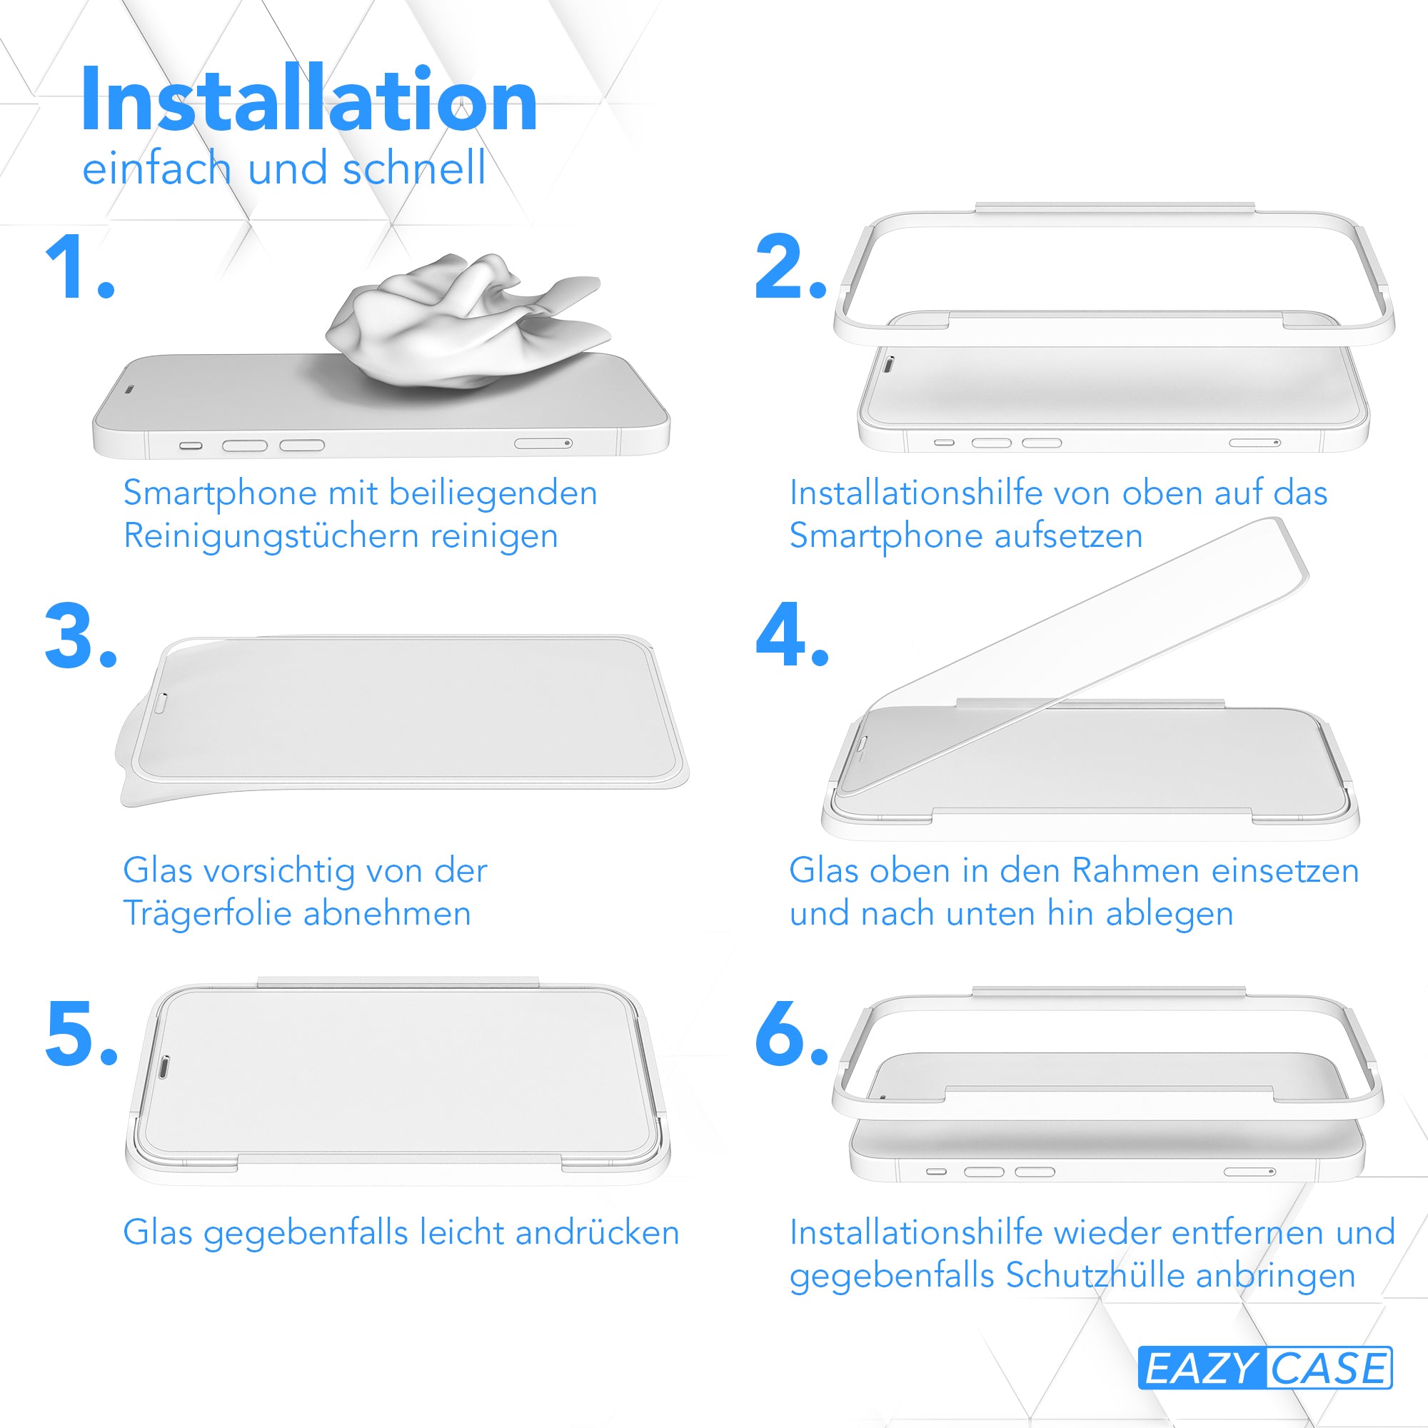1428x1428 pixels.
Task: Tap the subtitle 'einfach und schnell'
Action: click(284, 168)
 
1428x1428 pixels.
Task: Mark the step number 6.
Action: click(791, 1033)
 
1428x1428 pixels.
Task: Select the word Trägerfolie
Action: click(207, 915)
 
